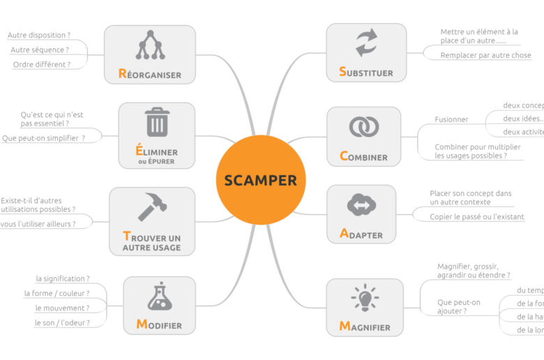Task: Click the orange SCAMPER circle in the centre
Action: [x=260, y=179]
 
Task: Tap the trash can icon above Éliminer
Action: [x=156, y=122]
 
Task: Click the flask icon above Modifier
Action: [x=159, y=296]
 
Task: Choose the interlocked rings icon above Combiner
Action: [x=363, y=126]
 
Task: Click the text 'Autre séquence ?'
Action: [x=40, y=50]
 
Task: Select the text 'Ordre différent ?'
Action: [x=42, y=64]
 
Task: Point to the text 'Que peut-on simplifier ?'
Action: [x=44, y=137]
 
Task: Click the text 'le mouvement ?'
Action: [x=62, y=308]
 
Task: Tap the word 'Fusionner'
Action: [x=451, y=119]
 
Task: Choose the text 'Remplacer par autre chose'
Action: [x=485, y=55]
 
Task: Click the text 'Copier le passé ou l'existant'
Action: [x=477, y=217]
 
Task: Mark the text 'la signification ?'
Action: [x=63, y=278]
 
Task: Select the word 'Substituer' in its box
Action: [x=366, y=72]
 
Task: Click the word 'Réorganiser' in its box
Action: [x=149, y=74]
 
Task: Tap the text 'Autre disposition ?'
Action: [x=39, y=35]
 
